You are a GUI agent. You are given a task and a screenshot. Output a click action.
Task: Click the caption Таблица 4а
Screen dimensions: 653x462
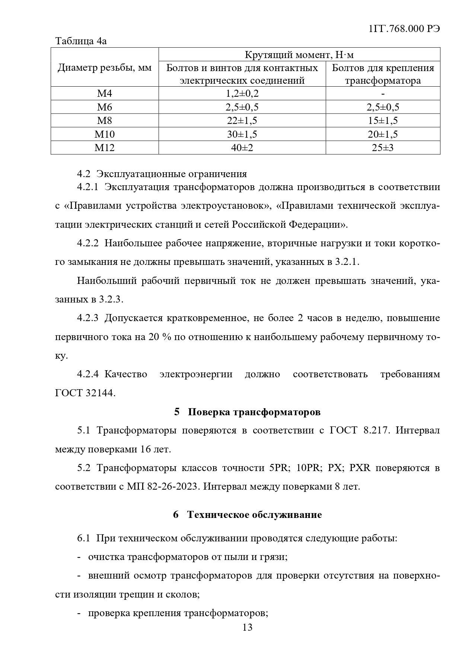tap(81, 41)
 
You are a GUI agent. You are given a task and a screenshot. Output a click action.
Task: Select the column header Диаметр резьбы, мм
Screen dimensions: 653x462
tap(105, 68)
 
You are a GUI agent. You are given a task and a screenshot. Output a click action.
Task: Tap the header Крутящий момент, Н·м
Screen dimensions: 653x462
tap(299, 55)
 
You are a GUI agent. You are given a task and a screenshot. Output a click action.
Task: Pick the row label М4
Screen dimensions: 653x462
tap(105, 94)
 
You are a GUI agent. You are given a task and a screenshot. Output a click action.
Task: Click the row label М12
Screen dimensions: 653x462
tap(105, 148)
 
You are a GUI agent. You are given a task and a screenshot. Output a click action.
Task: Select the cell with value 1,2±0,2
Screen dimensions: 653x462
tap(242, 94)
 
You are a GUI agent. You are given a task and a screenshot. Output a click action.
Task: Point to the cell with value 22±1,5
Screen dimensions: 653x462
tap(242, 121)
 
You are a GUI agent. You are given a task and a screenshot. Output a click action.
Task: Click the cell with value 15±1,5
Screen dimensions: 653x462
tap(383, 121)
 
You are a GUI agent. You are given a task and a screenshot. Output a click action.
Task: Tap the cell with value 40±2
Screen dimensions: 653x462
tap(242, 148)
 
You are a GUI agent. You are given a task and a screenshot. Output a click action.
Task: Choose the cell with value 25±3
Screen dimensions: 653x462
tap(383, 148)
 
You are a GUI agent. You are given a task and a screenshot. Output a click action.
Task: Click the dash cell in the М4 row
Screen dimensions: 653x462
tap(383, 94)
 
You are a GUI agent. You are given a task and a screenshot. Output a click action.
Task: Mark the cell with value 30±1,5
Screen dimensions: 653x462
tap(242, 134)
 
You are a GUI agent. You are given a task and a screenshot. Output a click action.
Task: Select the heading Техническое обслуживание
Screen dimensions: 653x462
tap(254, 515)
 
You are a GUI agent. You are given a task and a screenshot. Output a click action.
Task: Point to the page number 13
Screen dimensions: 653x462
tap(247, 627)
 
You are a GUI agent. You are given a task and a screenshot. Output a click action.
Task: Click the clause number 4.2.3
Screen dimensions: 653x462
tap(87, 318)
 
